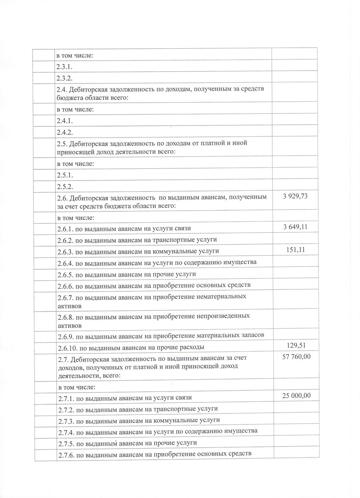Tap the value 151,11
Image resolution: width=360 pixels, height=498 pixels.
tap(295, 250)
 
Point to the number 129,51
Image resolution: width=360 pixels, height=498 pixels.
tap(296, 345)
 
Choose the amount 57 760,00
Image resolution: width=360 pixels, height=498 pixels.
tap(296, 356)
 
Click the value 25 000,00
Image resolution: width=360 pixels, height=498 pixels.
tap(296, 396)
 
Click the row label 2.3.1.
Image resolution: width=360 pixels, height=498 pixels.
tap(65, 66)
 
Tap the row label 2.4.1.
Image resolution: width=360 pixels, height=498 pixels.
tap(65, 121)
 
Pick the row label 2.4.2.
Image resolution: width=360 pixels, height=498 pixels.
tap(65, 132)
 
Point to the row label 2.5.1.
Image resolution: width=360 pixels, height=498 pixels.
tap(65, 175)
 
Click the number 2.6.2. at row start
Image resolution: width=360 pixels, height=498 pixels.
tap(66, 240)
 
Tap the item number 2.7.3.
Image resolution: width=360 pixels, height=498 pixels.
tap(66, 420)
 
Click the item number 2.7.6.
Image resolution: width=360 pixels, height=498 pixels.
tap(66, 454)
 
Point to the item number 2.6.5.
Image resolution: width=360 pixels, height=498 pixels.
tap(66, 275)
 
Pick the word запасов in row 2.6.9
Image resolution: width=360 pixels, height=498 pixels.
tap(251, 335)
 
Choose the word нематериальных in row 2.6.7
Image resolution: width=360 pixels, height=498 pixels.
tap(221, 297)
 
